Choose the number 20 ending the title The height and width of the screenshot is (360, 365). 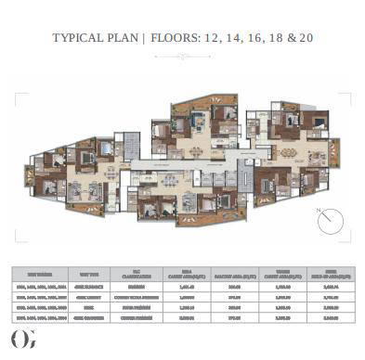pos(309,41)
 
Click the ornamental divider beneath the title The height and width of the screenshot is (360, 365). pos(182,56)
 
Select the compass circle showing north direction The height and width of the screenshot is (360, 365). pos(330,222)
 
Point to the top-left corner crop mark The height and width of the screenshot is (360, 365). pos(14,93)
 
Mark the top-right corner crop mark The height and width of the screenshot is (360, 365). pos(350,93)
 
